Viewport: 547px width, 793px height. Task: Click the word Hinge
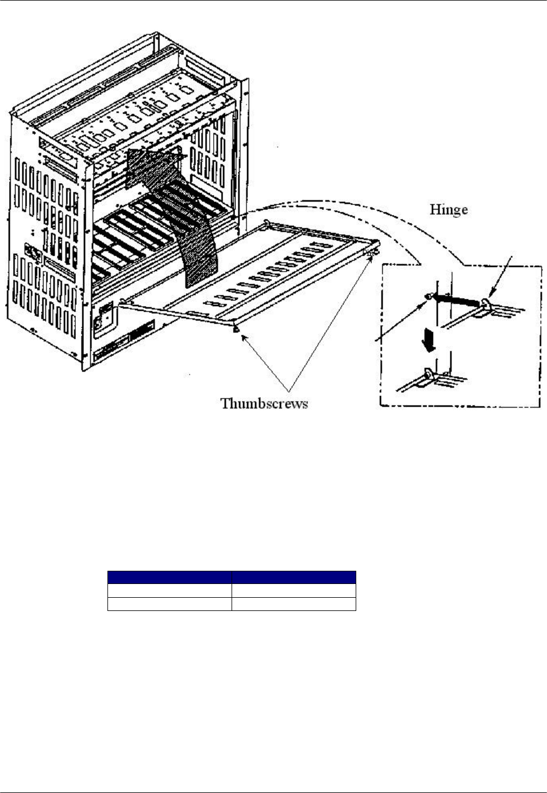pos(449,210)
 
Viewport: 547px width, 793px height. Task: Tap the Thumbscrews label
pos(264,403)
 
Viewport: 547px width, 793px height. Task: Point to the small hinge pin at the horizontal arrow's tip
pos(429,296)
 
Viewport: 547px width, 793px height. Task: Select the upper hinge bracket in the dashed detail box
pos(487,305)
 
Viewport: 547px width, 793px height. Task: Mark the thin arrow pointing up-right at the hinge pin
pos(401,319)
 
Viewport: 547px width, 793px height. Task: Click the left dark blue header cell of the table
pos(170,577)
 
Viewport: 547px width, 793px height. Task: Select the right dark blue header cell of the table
pos(294,577)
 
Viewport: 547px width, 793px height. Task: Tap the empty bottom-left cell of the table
pos(170,604)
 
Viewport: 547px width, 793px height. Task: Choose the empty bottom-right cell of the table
pos(294,604)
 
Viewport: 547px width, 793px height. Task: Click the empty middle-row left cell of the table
pos(170,590)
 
